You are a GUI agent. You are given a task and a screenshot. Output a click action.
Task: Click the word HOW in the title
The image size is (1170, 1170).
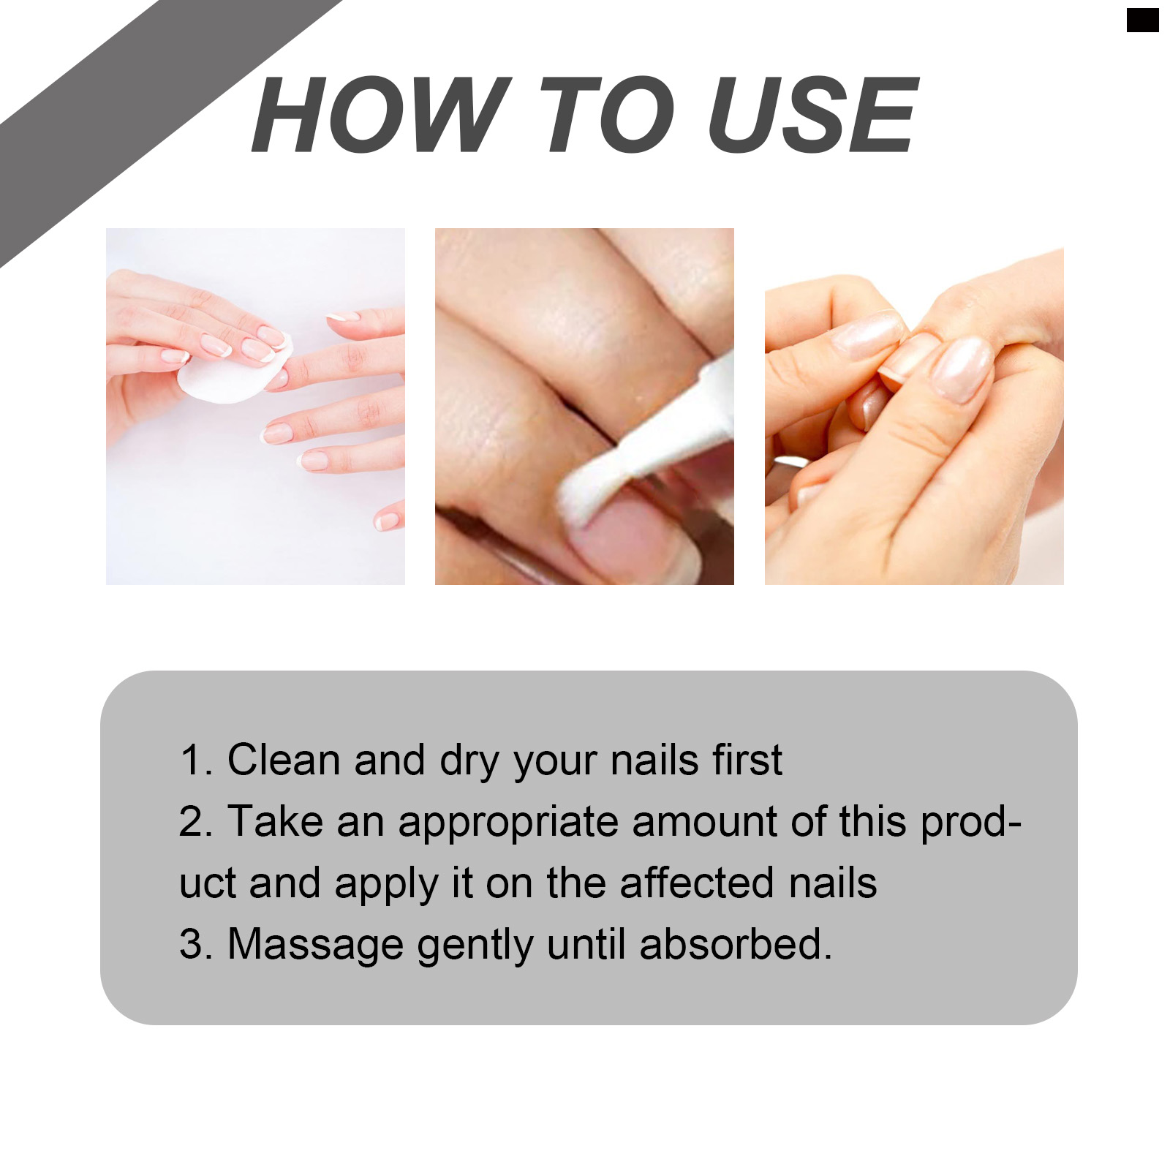click(381, 115)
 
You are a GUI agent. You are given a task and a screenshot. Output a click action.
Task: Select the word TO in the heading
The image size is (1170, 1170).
click(607, 115)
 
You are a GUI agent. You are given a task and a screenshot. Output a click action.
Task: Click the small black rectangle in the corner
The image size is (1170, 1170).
click(1142, 20)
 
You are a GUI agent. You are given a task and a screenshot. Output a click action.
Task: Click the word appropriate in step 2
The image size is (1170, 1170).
click(508, 822)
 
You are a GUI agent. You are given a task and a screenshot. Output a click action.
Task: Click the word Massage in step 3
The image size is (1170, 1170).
click(315, 946)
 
